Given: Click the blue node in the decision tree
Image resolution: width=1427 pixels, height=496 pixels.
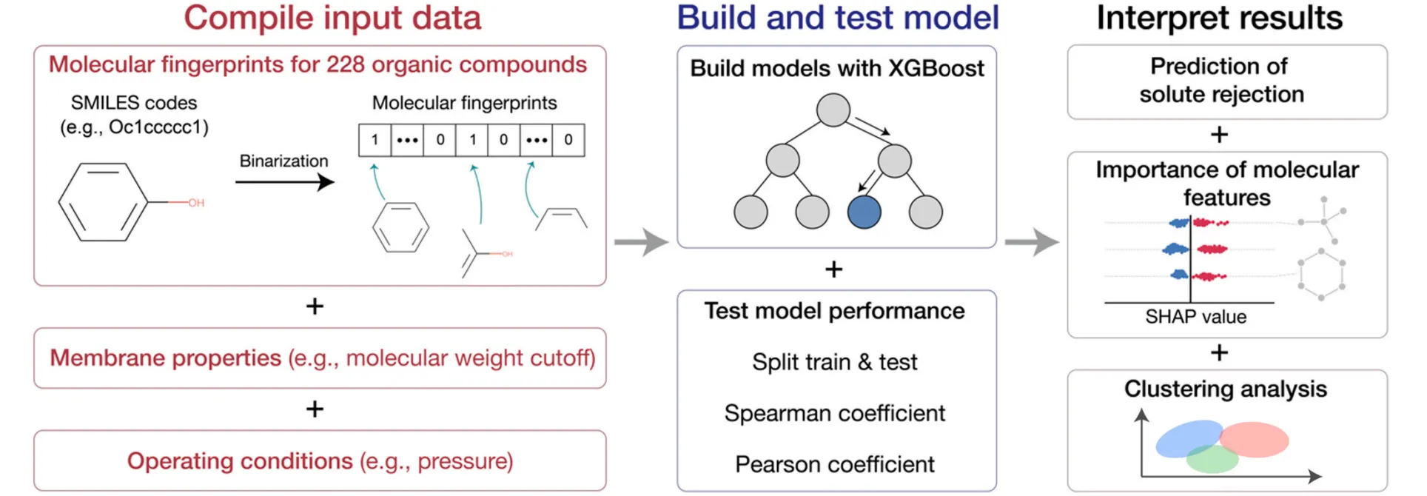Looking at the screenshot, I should click(864, 212).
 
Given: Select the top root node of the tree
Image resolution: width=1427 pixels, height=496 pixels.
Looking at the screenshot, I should click(833, 110).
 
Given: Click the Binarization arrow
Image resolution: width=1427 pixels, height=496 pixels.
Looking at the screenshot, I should click(285, 181).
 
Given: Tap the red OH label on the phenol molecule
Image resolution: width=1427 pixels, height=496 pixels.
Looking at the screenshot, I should click(196, 203).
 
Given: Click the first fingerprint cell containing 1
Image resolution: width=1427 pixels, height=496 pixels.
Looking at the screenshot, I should click(375, 140).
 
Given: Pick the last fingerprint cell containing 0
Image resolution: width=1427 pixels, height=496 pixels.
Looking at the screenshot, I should click(568, 140).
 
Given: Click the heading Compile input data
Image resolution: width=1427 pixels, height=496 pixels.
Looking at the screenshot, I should click(332, 19).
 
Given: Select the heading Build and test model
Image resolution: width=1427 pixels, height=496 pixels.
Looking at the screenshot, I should click(837, 19).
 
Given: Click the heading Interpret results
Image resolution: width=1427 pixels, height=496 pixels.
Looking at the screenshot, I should click(1219, 19).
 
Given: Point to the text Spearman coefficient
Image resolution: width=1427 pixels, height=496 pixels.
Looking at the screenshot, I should click(834, 413).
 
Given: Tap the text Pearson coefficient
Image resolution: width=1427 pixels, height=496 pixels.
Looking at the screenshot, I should click(834, 464).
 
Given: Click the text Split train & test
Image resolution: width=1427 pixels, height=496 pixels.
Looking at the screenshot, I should click(834, 362).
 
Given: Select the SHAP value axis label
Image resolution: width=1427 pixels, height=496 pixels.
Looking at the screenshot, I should click(1195, 317).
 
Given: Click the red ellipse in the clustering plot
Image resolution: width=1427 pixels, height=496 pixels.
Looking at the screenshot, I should click(1254, 439).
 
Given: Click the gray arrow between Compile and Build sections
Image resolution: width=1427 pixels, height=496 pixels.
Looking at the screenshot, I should click(641, 241).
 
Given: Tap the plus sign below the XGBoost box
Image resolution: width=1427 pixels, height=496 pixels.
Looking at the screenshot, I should click(833, 269).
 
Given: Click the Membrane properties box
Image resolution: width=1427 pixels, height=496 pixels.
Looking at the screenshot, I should click(320, 358).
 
